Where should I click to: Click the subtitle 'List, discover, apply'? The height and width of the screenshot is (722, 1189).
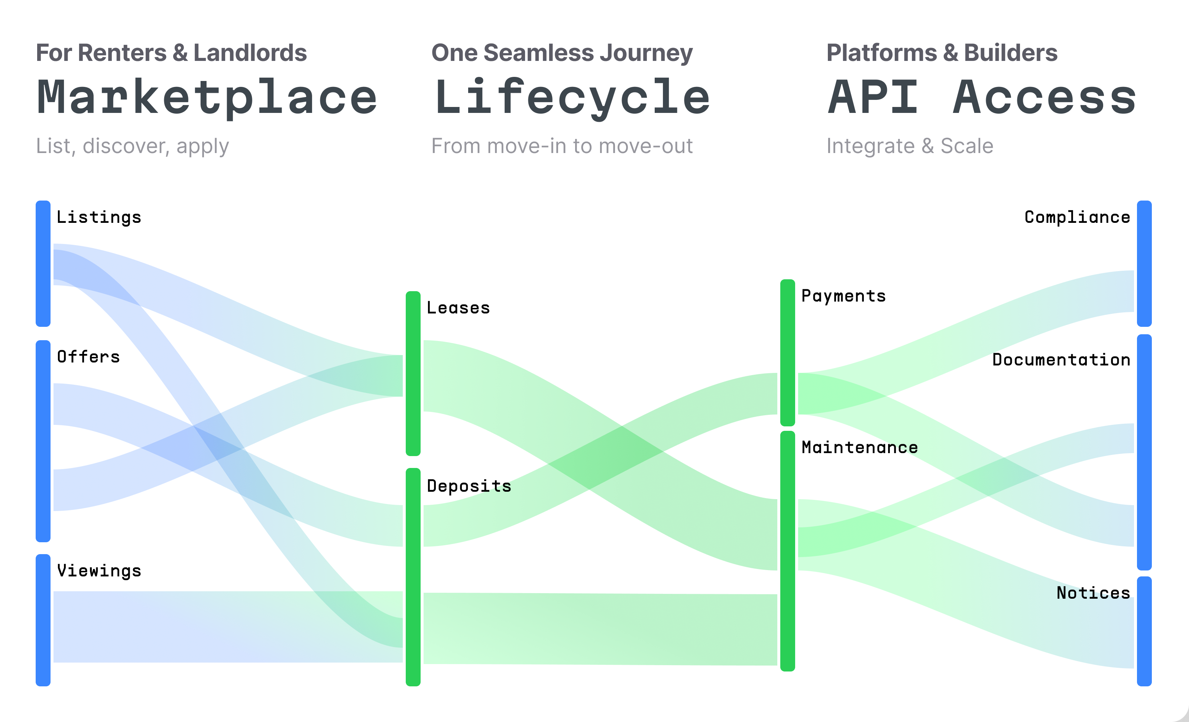132,146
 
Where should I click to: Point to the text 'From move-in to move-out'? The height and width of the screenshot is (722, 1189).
562,146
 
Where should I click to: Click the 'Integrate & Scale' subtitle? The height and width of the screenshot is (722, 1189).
910,146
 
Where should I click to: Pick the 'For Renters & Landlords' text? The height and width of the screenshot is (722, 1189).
171,53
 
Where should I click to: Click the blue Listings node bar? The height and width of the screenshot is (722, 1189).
43,263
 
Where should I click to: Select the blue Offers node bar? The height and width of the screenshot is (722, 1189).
43,441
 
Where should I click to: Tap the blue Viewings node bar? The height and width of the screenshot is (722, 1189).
43,620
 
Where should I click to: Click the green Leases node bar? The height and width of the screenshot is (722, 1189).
413,373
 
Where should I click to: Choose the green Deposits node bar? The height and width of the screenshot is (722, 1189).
413,577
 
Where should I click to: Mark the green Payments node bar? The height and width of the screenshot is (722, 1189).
787,352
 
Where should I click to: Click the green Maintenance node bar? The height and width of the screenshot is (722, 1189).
787,551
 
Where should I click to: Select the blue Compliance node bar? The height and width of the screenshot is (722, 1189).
1144,263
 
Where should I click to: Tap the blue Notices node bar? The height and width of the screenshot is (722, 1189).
1144,631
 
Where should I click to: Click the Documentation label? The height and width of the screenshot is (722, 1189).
1061,360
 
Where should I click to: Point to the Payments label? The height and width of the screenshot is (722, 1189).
843,296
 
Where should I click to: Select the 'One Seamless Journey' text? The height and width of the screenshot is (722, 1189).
562,53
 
